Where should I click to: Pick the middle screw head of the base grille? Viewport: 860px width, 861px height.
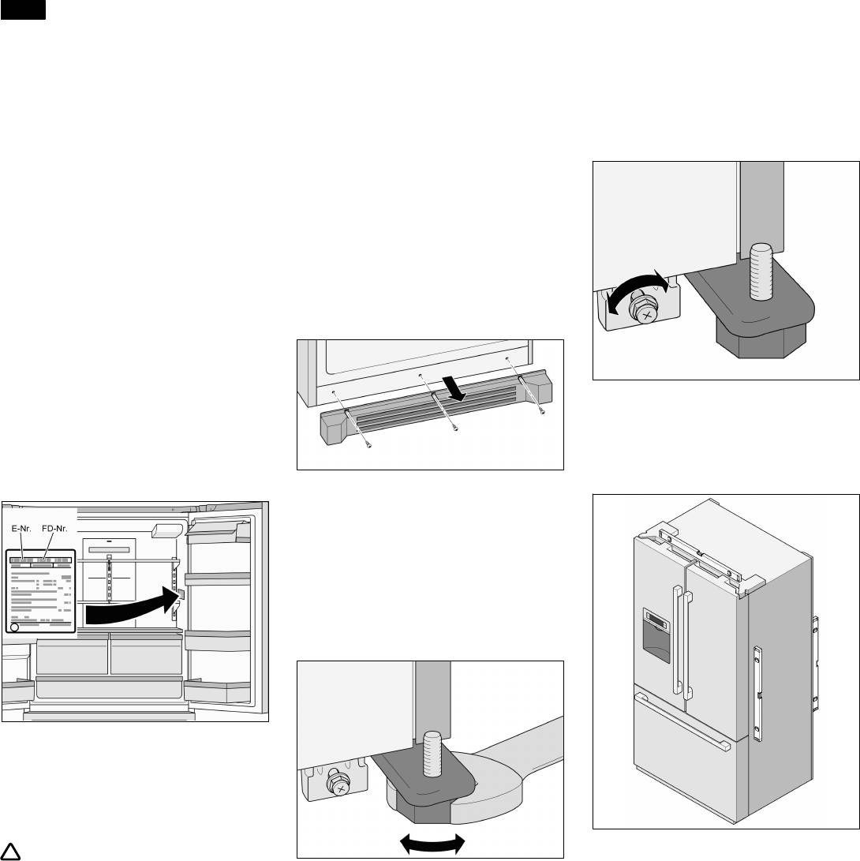pos(455,429)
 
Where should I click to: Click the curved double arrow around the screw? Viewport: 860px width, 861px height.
pos(636,289)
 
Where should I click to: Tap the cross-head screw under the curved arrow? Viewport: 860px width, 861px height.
pos(646,315)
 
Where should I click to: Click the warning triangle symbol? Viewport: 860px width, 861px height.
pos(13,851)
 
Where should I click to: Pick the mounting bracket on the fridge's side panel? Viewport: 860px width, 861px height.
pos(758,694)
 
